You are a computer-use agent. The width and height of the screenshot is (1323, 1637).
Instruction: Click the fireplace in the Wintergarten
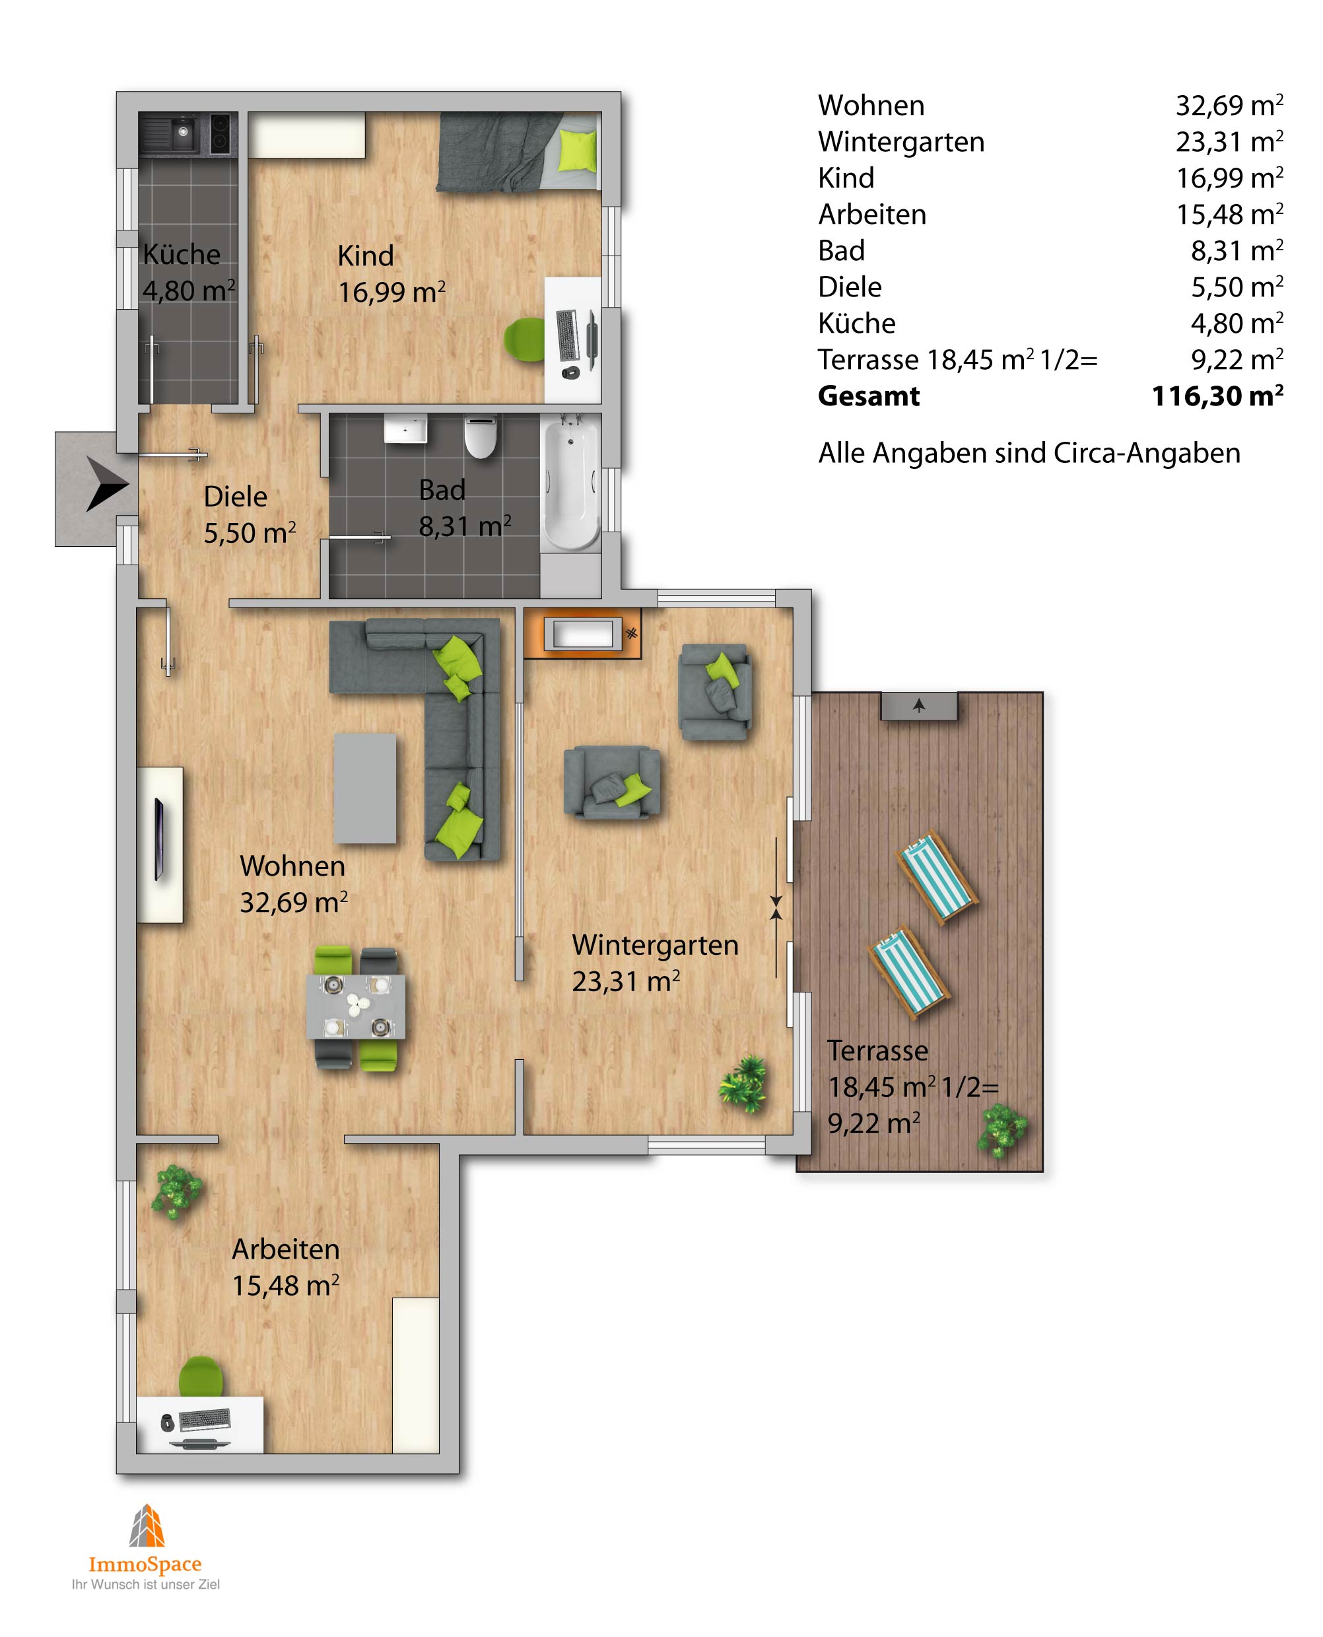pyautogui.click(x=583, y=633)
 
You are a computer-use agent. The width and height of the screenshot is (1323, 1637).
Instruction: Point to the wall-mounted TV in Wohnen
pyautogui.click(x=159, y=839)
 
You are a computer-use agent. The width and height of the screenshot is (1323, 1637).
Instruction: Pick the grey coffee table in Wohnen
pyautogui.click(x=365, y=788)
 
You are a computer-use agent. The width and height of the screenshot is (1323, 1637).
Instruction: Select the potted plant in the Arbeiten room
pyautogui.click(x=177, y=1191)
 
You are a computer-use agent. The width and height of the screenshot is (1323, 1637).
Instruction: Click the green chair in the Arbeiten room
pyautogui.click(x=201, y=1376)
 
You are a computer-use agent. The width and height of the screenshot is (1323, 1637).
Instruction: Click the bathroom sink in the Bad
pyautogui.click(x=405, y=429)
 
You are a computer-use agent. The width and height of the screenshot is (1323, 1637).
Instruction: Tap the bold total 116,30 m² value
pyautogui.click(x=1217, y=396)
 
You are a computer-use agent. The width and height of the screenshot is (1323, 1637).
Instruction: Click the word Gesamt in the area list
pyautogui.click(x=869, y=396)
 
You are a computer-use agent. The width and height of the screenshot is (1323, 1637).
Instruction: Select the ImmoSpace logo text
pyautogui.click(x=145, y=1564)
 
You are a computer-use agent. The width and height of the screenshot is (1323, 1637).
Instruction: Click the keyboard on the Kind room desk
pyautogui.click(x=568, y=335)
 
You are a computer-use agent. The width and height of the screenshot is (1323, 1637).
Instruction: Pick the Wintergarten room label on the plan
pyautogui.click(x=656, y=945)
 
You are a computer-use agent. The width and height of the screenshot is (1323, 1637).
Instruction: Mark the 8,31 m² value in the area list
pyautogui.click(x=1237, y=251)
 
